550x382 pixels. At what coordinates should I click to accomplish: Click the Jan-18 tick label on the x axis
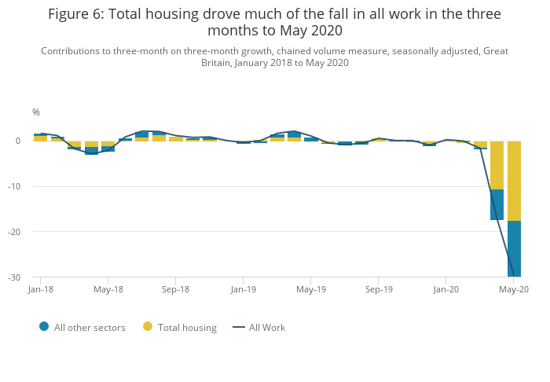coord(40,289)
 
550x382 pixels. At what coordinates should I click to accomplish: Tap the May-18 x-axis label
coord(108,289)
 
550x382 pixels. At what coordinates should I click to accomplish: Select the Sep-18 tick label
coord(176,289)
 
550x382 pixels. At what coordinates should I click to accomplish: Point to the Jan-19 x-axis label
coord(243,289)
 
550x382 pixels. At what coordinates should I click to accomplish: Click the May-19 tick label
coord(311,289)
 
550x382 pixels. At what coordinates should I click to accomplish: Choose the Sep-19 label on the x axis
coord(379,289)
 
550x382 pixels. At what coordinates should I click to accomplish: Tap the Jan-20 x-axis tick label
coord(446,289)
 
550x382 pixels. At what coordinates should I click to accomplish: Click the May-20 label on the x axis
coord(513,289)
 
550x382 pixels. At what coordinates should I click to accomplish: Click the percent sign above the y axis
coord(36,112)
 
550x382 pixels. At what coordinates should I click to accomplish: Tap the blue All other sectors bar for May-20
coord(514,248)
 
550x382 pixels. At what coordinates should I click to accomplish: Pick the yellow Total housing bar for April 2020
coord(497,165)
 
